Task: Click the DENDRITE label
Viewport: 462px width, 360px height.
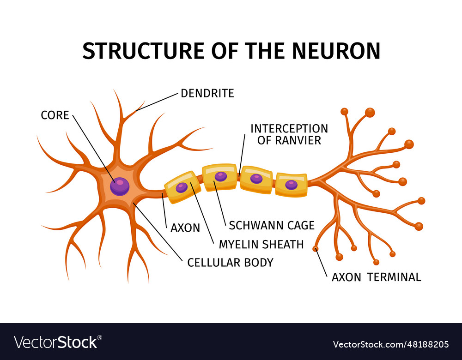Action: [207, 93]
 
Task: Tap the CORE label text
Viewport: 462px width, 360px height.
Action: [55, 115]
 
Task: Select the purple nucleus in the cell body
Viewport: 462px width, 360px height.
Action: [120, 186]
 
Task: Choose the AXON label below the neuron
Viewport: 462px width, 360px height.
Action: [185, 228]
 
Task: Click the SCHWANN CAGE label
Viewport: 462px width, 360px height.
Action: [272, 226]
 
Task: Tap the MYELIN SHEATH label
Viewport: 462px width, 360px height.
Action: [261, 244]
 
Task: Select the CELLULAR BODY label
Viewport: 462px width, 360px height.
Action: [230, 263]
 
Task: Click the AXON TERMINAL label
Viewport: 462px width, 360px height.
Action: [376, 277]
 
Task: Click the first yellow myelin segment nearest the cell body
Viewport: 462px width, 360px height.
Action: [183, 187]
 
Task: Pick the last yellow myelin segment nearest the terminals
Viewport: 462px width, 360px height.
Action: [291, 185]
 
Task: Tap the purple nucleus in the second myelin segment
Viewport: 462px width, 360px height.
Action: [221, 176]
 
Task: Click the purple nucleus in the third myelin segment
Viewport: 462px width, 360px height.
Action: [256, 179]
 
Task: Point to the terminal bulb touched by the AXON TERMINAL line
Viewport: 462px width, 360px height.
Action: [316, 249]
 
